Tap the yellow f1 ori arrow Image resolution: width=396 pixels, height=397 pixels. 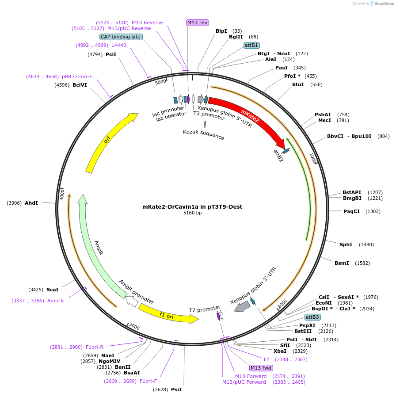pos(168,314)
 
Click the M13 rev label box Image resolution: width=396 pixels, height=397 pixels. pos(197,23)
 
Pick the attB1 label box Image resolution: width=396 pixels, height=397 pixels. pos(251,45)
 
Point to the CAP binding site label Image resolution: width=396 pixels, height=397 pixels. pos(121,37)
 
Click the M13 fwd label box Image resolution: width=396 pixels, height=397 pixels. pos(261,368)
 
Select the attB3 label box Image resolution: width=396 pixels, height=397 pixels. pos(312,317)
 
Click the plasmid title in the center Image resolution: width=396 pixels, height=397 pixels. pos(192,206)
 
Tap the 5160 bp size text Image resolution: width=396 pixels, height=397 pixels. pos(192,213)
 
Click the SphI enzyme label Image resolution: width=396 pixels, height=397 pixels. pos(346,244)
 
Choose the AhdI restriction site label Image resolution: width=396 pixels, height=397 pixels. pos(31,203)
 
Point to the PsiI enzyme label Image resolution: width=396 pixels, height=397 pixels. pos(176,389)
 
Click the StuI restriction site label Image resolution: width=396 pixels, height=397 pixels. pos(297,84)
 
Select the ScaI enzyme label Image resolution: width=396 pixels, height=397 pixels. pos(52,290)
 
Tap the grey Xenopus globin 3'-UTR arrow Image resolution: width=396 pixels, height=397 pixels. pos(242,306)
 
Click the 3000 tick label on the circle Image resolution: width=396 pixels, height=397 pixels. pos(134,327)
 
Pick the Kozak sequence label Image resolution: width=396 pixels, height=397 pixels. pos(203,134)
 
